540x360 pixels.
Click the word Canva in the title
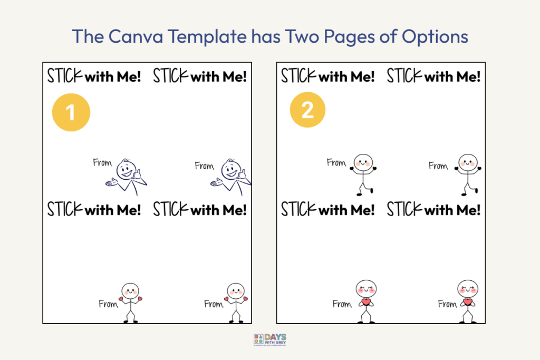pyautogui.click(x=129, y=36)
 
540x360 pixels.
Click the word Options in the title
pyautogui.click(x=435, y=36)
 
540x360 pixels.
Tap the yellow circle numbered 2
pyautogui.click(x=307, y=111)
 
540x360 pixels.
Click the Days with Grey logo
pyautogui.click(x=269, y=340)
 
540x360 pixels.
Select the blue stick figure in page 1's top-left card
pyautogui.click(x=127, y=177)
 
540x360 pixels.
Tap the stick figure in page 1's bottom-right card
pyautogui.click(x=236, y=303)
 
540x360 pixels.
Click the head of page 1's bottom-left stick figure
pyautogui.click(x=130, y=290)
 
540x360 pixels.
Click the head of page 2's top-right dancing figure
pyautogui.click(x=467, y=162)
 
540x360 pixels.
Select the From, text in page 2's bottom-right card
pyautogui.click(x=447, y=304)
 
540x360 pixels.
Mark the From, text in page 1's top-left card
pyautogui.click(x=103, y=163)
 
